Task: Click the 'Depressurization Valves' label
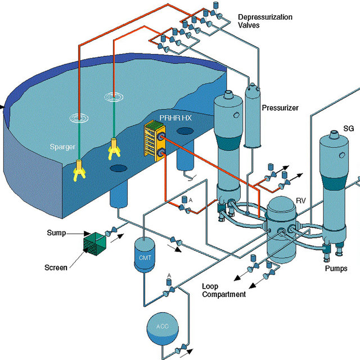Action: pos(265,21)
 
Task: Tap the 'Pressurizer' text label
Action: pos(280,107)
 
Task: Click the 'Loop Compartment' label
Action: pos(223,290)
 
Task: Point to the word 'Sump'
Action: pos(57,232)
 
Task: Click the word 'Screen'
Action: pos(56,268)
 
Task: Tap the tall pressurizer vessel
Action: pos(254,118)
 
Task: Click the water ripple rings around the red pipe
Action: pos(79,119)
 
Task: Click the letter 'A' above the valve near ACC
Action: pos(169,276)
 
